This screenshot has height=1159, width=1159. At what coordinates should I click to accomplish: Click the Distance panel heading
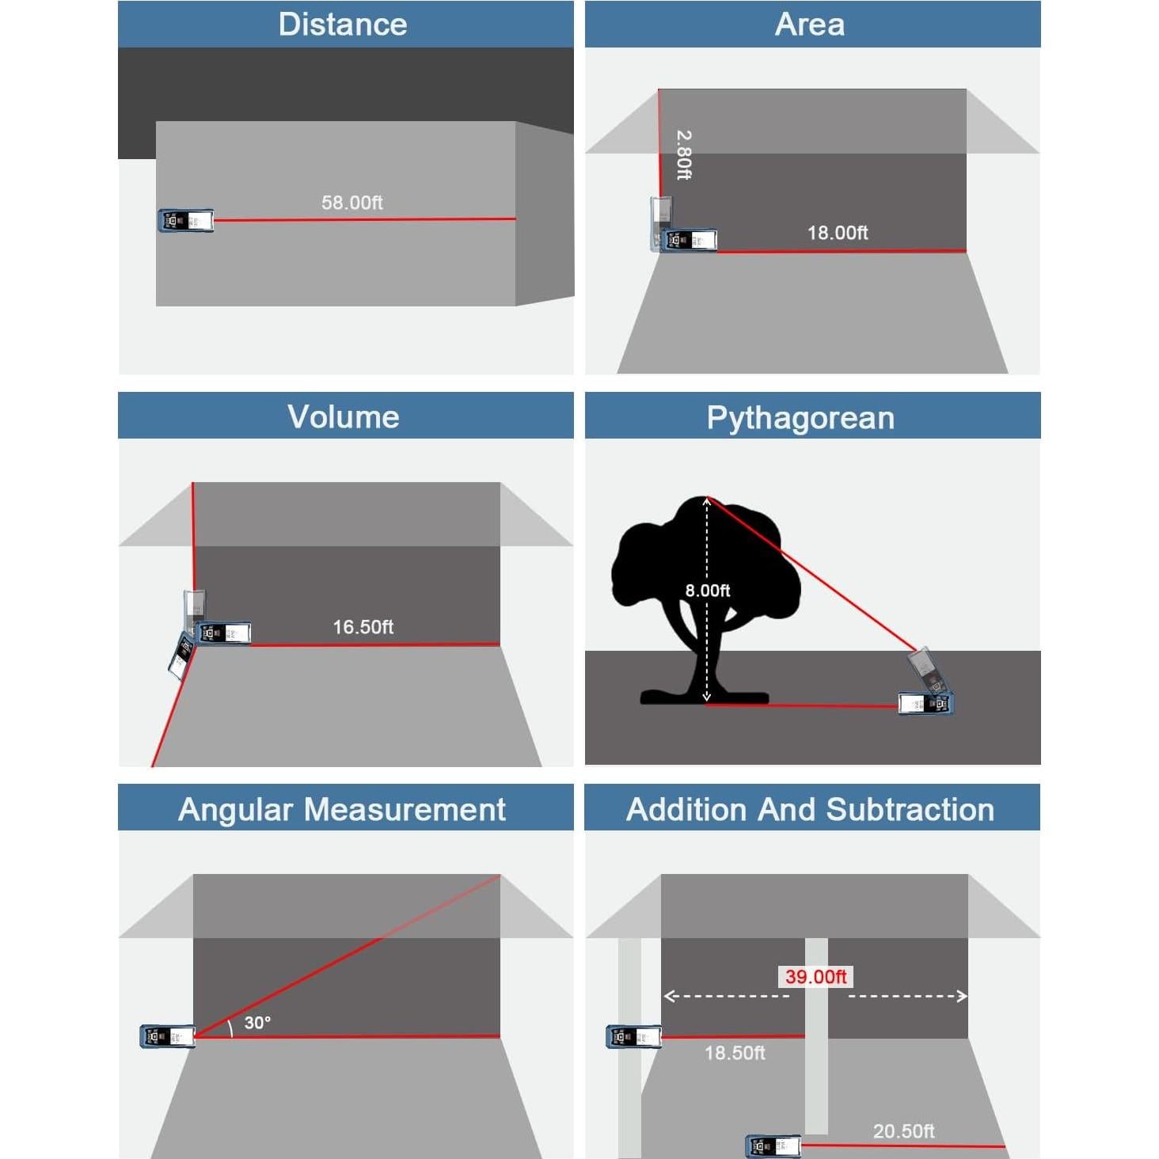(x=343, y=25)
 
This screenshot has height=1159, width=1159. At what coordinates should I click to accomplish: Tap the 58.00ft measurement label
(x=351, y=203)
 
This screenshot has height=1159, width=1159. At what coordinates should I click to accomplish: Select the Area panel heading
(x=809, y=25)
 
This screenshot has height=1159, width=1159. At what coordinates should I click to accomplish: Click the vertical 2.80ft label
(x=684, y=155)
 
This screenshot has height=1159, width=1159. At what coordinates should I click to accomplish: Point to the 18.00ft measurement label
(x=838, y=233)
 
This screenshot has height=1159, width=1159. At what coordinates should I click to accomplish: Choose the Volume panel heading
(x=343, y=416)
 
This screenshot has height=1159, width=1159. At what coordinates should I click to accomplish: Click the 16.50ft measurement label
(x=363, y=627)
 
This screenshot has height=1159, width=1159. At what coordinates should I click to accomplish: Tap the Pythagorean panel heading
(x=800, y=417)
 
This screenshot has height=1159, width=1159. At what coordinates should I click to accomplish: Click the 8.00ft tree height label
(x=707, y=591)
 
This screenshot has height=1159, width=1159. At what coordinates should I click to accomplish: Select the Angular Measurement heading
(x=342, y=809)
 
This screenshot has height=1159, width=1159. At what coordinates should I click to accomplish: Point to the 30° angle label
(x=257, y=1023)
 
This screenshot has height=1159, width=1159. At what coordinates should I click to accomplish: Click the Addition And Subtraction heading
(x=810, y=809)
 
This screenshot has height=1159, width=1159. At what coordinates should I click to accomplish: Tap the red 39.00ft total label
(x=815, y=977)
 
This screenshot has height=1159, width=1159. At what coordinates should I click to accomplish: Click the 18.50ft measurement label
(x=735, y=1053)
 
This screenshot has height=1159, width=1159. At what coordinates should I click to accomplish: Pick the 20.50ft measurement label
(x=903, y=1131)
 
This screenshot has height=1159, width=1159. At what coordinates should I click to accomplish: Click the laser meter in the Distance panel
(x=186, y=221)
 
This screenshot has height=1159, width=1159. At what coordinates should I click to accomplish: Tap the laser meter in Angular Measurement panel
(x=167, y=1036)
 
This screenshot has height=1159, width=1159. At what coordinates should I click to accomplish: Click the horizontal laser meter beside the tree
(x=925, y=703)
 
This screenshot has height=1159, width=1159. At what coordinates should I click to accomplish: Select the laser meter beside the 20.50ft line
(x=773, y=1146)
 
